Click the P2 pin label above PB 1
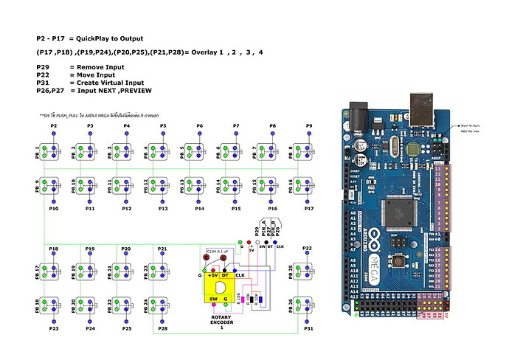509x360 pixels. (53, 127)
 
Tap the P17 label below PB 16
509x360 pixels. (309, 209)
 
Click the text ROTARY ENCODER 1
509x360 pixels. (221, 322)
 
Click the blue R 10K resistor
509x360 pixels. (257, 299)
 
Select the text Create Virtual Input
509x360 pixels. (107, 83)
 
